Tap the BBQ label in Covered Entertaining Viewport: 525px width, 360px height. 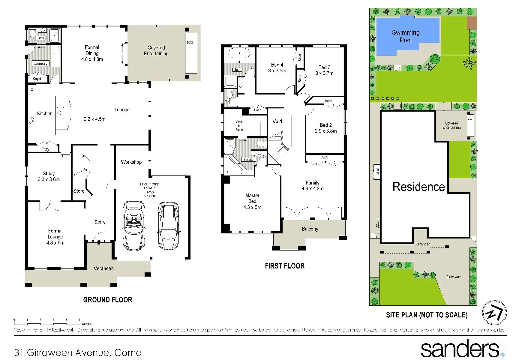(190, 42)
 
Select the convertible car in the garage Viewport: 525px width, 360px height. (134, 225)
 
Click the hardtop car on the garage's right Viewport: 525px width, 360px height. (168, 225)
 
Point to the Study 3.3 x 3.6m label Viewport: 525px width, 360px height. (49, 176)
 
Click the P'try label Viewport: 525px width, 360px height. (45, 149)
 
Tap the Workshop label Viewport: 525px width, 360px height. (131, 162)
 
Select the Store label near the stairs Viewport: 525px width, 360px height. (79, 191)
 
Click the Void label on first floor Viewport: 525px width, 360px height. (277, 121)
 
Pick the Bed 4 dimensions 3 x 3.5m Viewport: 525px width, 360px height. (277, 71)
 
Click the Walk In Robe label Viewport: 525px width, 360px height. (239, 126)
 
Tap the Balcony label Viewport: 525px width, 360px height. (310, 229)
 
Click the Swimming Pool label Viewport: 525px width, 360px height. (406, 36)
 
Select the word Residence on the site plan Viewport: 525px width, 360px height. (419, 187)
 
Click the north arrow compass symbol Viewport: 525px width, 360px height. (494, 313)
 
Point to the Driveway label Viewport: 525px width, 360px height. (453, 277)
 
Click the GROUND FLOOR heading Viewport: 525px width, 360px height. (108, 300)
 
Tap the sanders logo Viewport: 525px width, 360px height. (462, 349)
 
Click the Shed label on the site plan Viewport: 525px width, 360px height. (377, 172)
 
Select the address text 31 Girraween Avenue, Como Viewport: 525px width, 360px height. (78, 352)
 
